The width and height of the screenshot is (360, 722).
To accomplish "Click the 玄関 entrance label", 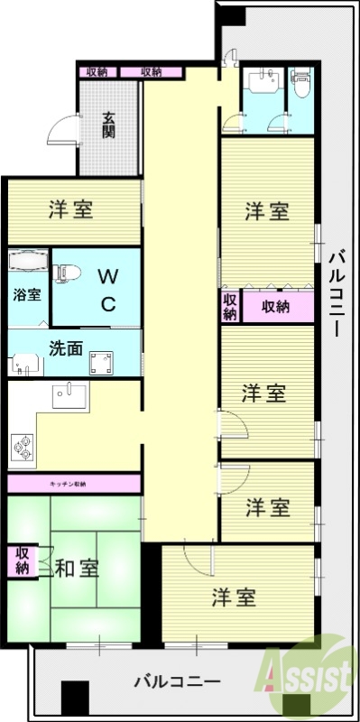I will point(108,125).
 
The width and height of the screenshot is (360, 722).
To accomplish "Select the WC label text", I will point(106,289).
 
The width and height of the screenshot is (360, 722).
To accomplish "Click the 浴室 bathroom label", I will point(26,294).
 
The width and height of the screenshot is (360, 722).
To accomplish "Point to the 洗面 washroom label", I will point(66,347).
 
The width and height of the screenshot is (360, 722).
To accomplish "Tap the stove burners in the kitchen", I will point(23,445).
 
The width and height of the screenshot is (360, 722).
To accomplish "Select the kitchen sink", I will point(68,395).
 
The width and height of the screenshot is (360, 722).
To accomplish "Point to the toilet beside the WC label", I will point(69,269).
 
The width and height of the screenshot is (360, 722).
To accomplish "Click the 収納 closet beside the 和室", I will point(20,560).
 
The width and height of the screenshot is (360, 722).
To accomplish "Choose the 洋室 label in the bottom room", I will point(235,597).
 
